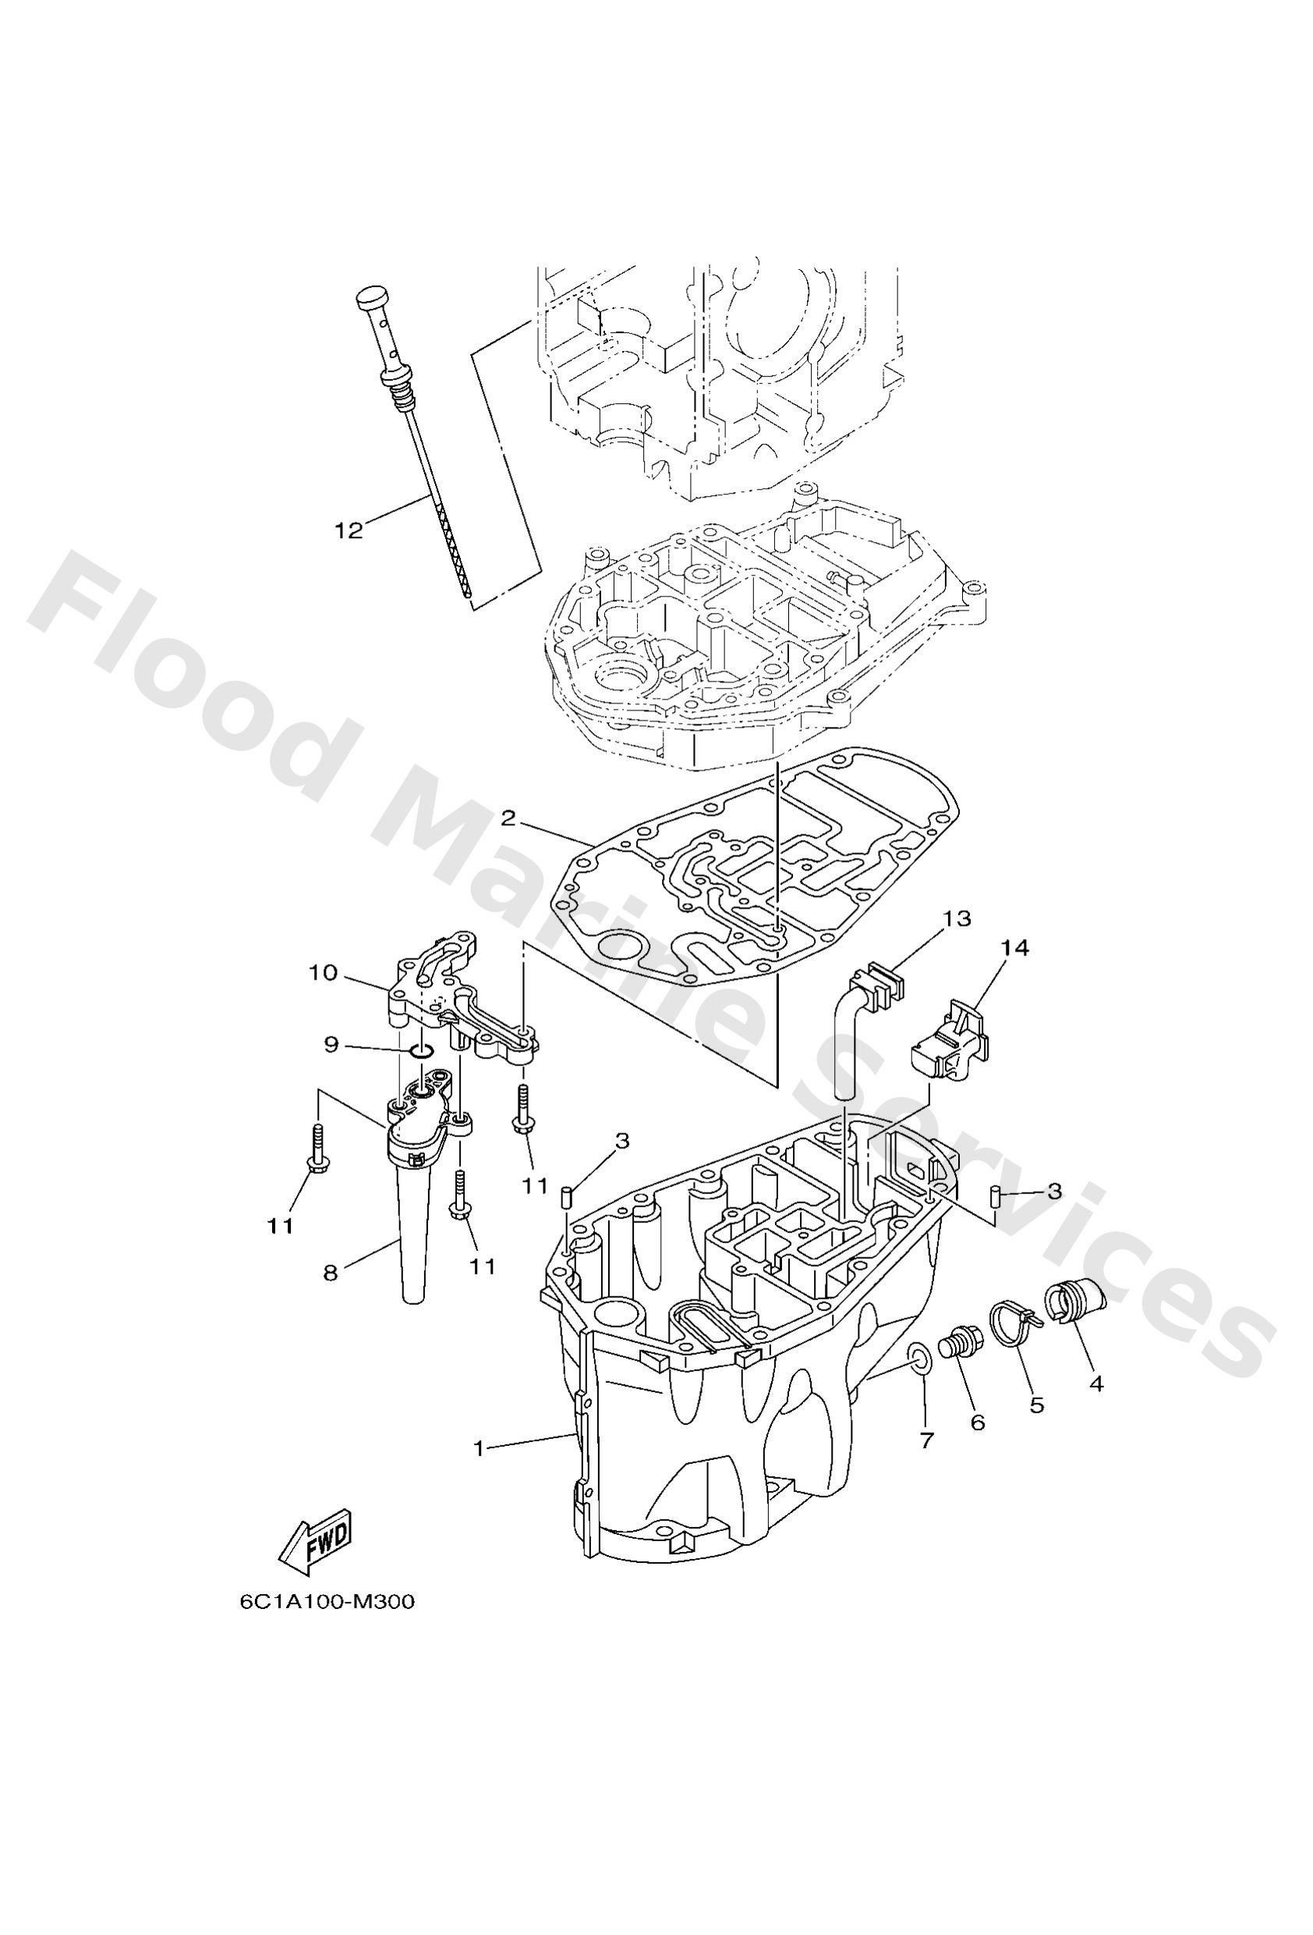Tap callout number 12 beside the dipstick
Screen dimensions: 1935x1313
click(349, 531)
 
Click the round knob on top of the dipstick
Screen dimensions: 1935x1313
click(371, 297)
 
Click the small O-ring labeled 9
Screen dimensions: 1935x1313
click(422, 1054)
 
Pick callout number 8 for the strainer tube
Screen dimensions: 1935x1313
click(331, 1296)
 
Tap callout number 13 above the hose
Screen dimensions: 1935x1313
click(957, 919)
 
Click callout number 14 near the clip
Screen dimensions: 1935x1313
click(1015, 948)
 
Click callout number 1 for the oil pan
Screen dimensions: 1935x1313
click(479, 1449)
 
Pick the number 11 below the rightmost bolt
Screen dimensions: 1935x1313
click(536, 1185)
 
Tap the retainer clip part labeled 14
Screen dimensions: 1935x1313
click(949, 1045)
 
